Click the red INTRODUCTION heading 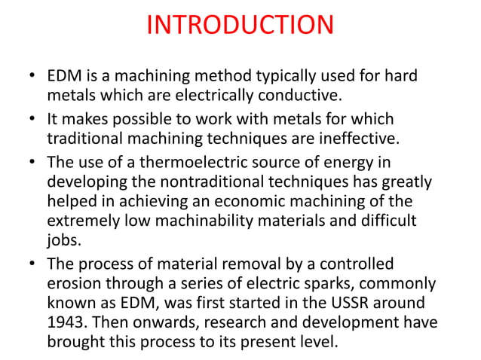point(240,25)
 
